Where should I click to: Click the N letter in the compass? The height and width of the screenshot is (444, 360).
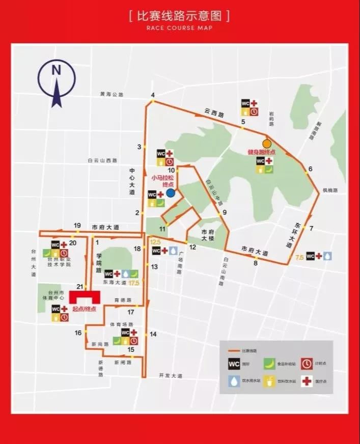click(x=57, y=70)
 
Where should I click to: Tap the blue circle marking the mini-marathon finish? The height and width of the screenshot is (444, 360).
click(x=171, y=193)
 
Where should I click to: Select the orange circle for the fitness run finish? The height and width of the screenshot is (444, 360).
click(x=266, y=144)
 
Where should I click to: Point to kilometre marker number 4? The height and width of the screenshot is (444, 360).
click(x=152, y=95)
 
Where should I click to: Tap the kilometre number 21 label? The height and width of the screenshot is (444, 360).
click(x=79, y=287)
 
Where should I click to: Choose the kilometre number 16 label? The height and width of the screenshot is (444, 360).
click(x=78, y=332)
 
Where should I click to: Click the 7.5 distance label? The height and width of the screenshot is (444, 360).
click(x=299, y=258)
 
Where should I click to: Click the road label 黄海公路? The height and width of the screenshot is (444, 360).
click(x=112, y=94)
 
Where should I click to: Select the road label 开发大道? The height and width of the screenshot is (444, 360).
click(x=170, y=375)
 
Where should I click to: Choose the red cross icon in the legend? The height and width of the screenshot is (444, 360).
click(x=307, y=382)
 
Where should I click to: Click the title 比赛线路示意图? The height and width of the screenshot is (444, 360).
click(x=180, y=16)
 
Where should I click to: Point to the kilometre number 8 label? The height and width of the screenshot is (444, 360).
click(x=256, y=263)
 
